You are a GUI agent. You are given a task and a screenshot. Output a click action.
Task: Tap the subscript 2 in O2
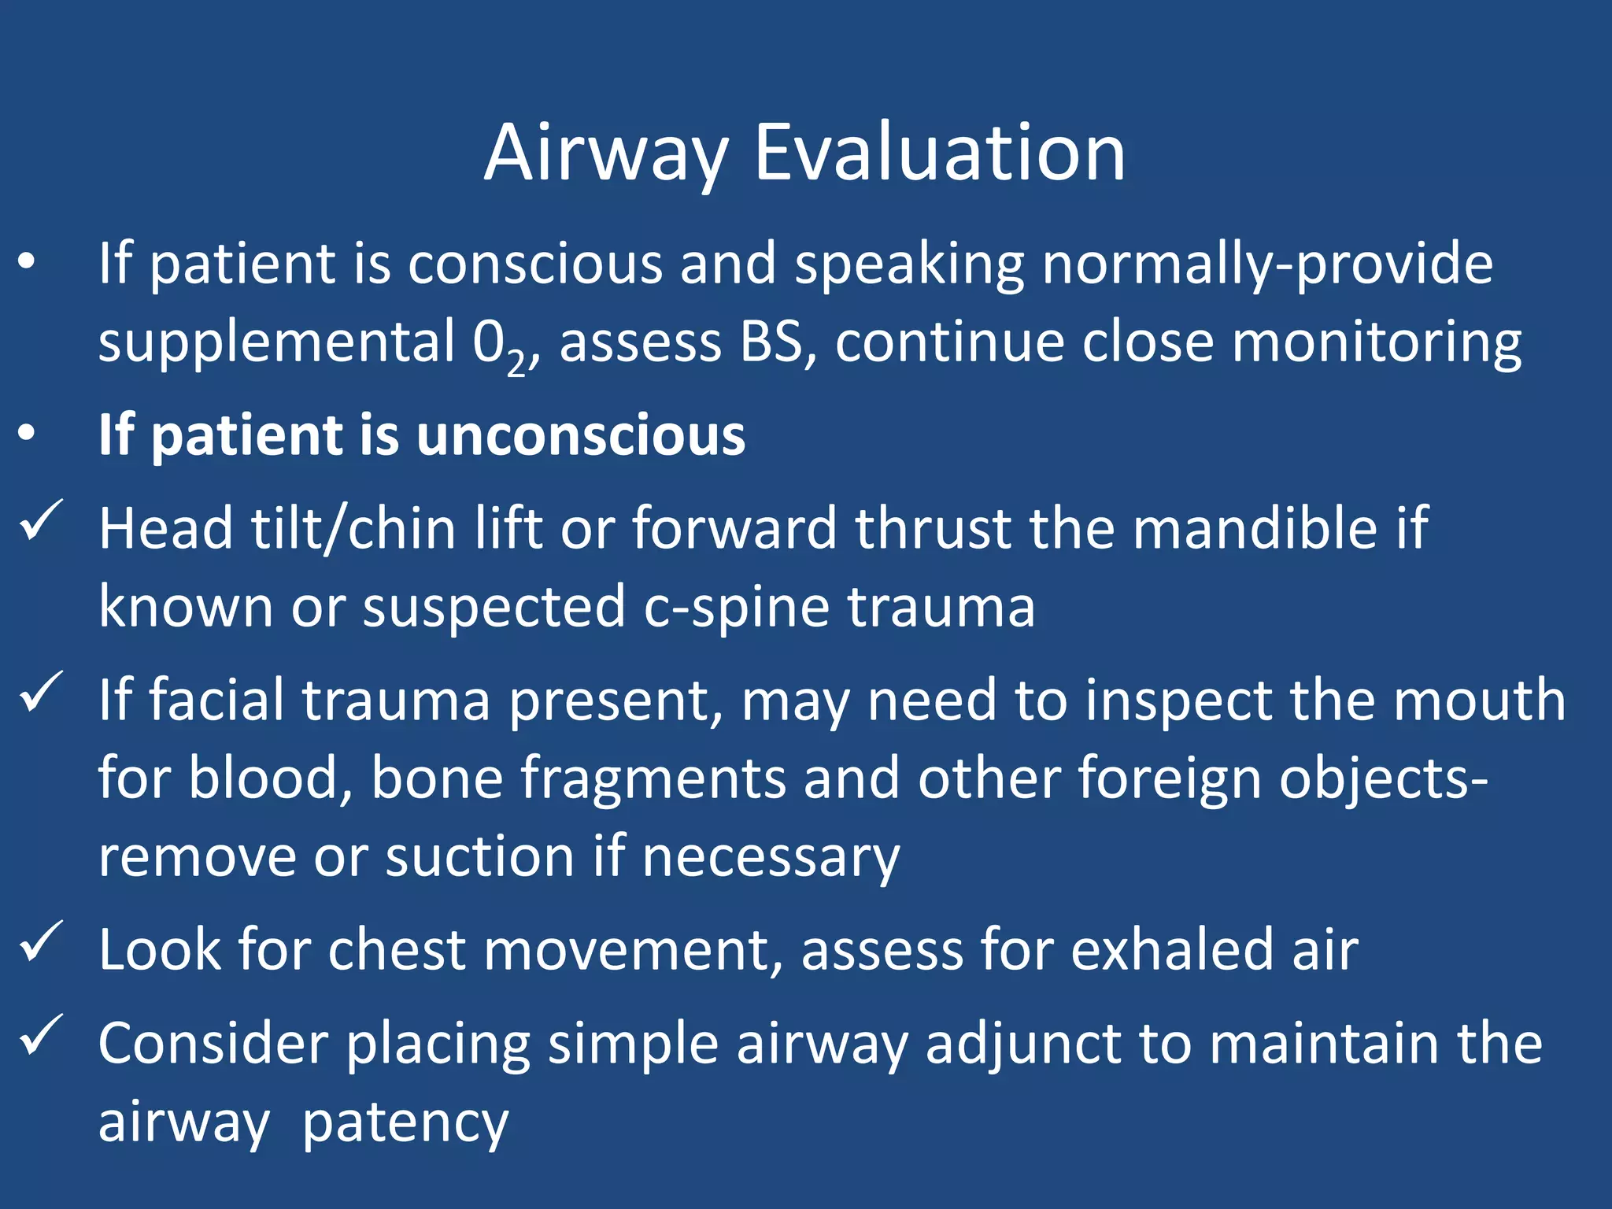pyautogui.click(x=516, y=363)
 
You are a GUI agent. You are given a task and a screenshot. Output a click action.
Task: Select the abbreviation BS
pyautogui.click(x=770, y=343)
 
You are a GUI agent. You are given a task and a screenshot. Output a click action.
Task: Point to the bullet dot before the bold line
pyautogui.click(x=27, y=434)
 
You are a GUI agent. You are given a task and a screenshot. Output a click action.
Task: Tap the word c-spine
pyautogui.click(x=736, y=608)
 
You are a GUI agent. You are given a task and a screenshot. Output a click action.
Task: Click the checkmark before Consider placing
pyautogui.click(x=40, y=1034)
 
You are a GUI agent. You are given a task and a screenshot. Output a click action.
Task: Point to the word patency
pyautogui.click(x=405, y=1123)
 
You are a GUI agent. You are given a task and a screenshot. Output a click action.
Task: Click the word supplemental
pyautogui.click(x=276, y=343)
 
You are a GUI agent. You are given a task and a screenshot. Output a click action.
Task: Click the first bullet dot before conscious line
pyautogui.click(x=27, y=262)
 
